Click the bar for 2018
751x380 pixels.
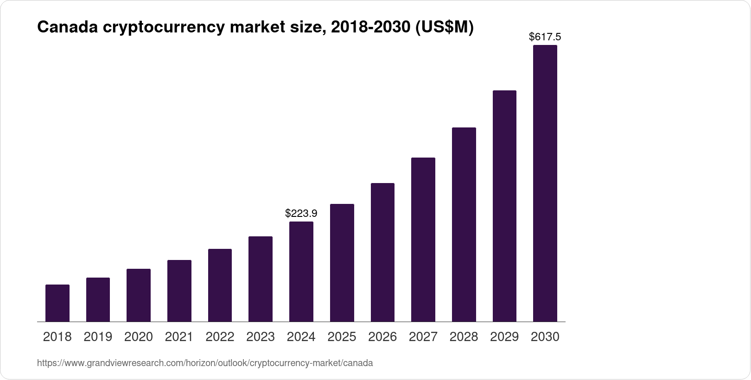point(57,303)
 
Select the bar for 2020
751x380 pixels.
point(139,295)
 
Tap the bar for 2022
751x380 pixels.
point(220,285)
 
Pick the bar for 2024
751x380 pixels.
point(301,272)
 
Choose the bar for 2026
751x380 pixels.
point(382,252)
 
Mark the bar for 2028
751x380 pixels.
point(464,224)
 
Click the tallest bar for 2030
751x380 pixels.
point(545,183)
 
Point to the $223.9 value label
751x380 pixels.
point(301,213)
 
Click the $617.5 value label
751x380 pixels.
point(545,37)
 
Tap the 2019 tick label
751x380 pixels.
point(98,337)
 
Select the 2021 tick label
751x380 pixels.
point(179,337)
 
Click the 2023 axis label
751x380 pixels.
point(261,337)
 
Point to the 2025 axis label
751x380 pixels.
point(342,337)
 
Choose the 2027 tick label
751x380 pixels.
point(423,337)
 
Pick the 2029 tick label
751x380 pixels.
point(504,337)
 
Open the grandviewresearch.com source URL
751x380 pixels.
point(205,363)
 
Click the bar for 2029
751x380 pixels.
point(504,206)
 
